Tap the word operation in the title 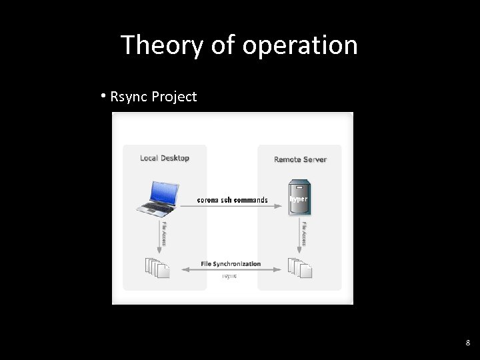(300, 45)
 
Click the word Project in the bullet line (174, 97)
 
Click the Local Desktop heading (165, 158)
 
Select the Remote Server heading (300, 159)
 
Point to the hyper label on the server (298, 199)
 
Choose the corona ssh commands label (232, 200)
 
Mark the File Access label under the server (304, 233)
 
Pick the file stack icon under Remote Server (300, 267)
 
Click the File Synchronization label (231, 264)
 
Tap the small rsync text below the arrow (229, 275)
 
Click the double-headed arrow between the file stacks (231, 270)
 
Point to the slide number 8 (467, 343)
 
